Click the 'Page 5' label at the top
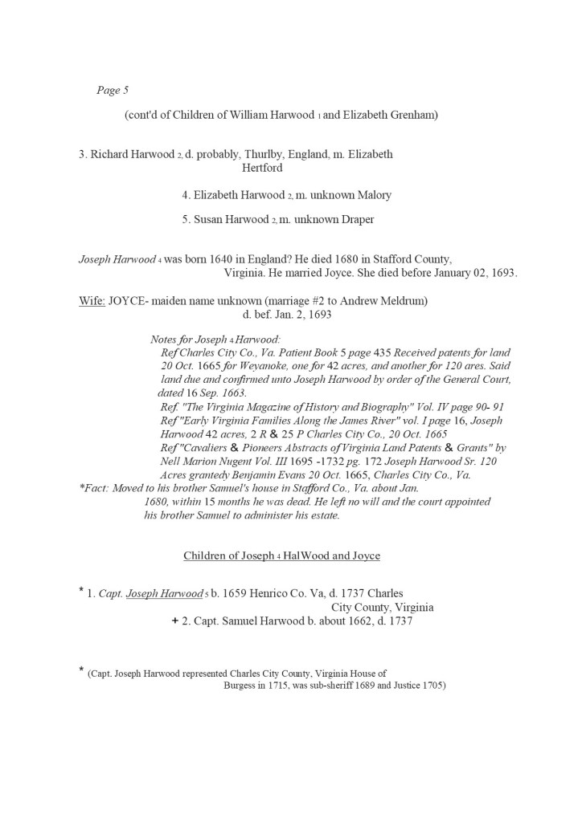click(109, 91)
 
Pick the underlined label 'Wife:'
click(92, 301)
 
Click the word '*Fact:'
click(96, 488)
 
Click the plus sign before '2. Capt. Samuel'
click(174, 621)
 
